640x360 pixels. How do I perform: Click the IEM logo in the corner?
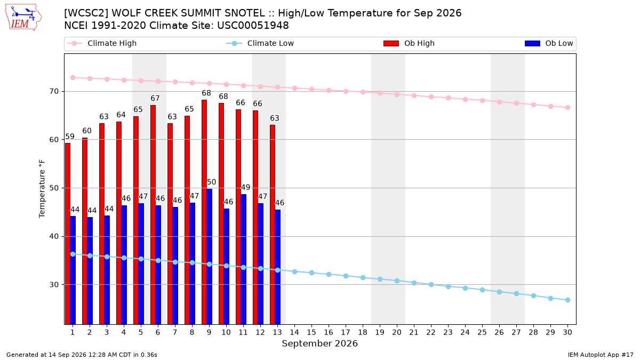click(x=23, y=18)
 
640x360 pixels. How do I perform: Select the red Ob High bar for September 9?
click(x=204, y=212)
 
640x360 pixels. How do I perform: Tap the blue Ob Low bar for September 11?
click(x=243, y=259)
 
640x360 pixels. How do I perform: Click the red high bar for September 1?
click(x=68, y=234)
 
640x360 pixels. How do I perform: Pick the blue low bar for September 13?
click(x=278, y=267)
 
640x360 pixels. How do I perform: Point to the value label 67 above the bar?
click(x=155, y=98)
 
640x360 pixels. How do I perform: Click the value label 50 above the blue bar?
click(x=211, y=182)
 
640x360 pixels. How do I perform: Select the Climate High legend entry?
click(x=102, y=43)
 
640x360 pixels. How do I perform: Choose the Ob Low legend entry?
click(x=549, y=43)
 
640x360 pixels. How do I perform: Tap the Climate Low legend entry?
click(x=260, y=43)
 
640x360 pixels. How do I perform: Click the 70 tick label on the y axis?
click(x=54, y=91)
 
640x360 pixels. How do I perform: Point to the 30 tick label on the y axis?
click(x=54, y=285)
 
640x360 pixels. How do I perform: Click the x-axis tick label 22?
click(x=431, y=332)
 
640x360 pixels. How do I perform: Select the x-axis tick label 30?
click(x=567, y=332)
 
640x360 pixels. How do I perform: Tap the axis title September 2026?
click(x=319, y=343)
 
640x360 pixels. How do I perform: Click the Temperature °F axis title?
click(x=42, y=189)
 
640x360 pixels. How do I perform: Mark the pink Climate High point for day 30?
click(x=567, y=108)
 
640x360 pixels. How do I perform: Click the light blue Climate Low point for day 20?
click(x=397, y=281)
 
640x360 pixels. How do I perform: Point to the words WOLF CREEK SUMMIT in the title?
click(x=188, y=13)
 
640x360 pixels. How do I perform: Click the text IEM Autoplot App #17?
click(x=601, y=355)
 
